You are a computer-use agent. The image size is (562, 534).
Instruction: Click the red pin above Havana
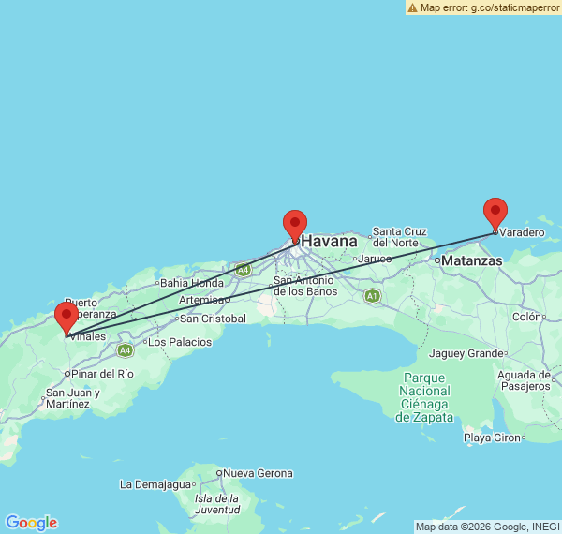pos(295,224)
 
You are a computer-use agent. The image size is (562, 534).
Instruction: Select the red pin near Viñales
pos(67,317)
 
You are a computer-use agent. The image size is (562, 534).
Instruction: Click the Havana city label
pos(329,242)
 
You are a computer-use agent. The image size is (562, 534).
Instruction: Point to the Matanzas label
pos(471,260)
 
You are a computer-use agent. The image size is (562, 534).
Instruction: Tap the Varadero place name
pos(522,232)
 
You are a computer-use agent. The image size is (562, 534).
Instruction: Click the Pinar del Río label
pos(103,374)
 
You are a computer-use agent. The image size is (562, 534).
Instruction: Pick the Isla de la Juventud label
pos(215,504)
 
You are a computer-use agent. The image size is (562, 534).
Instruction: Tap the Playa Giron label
pos(492,438)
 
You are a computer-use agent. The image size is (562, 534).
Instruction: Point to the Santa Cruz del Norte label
pos(400,237)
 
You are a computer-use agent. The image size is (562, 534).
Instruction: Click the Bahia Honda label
pos(192,283)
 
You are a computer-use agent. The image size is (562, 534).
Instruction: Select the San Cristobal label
pos(213,319)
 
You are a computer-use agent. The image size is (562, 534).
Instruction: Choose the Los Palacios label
pos(180,342)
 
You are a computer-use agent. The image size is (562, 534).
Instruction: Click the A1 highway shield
pos(373,296)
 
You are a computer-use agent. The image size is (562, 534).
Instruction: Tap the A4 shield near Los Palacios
pos(125,349)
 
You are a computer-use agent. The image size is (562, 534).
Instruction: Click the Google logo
pos(31,523)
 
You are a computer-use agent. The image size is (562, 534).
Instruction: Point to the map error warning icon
pos(413,7)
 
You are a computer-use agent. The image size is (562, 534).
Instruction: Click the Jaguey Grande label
pos(466,353)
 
